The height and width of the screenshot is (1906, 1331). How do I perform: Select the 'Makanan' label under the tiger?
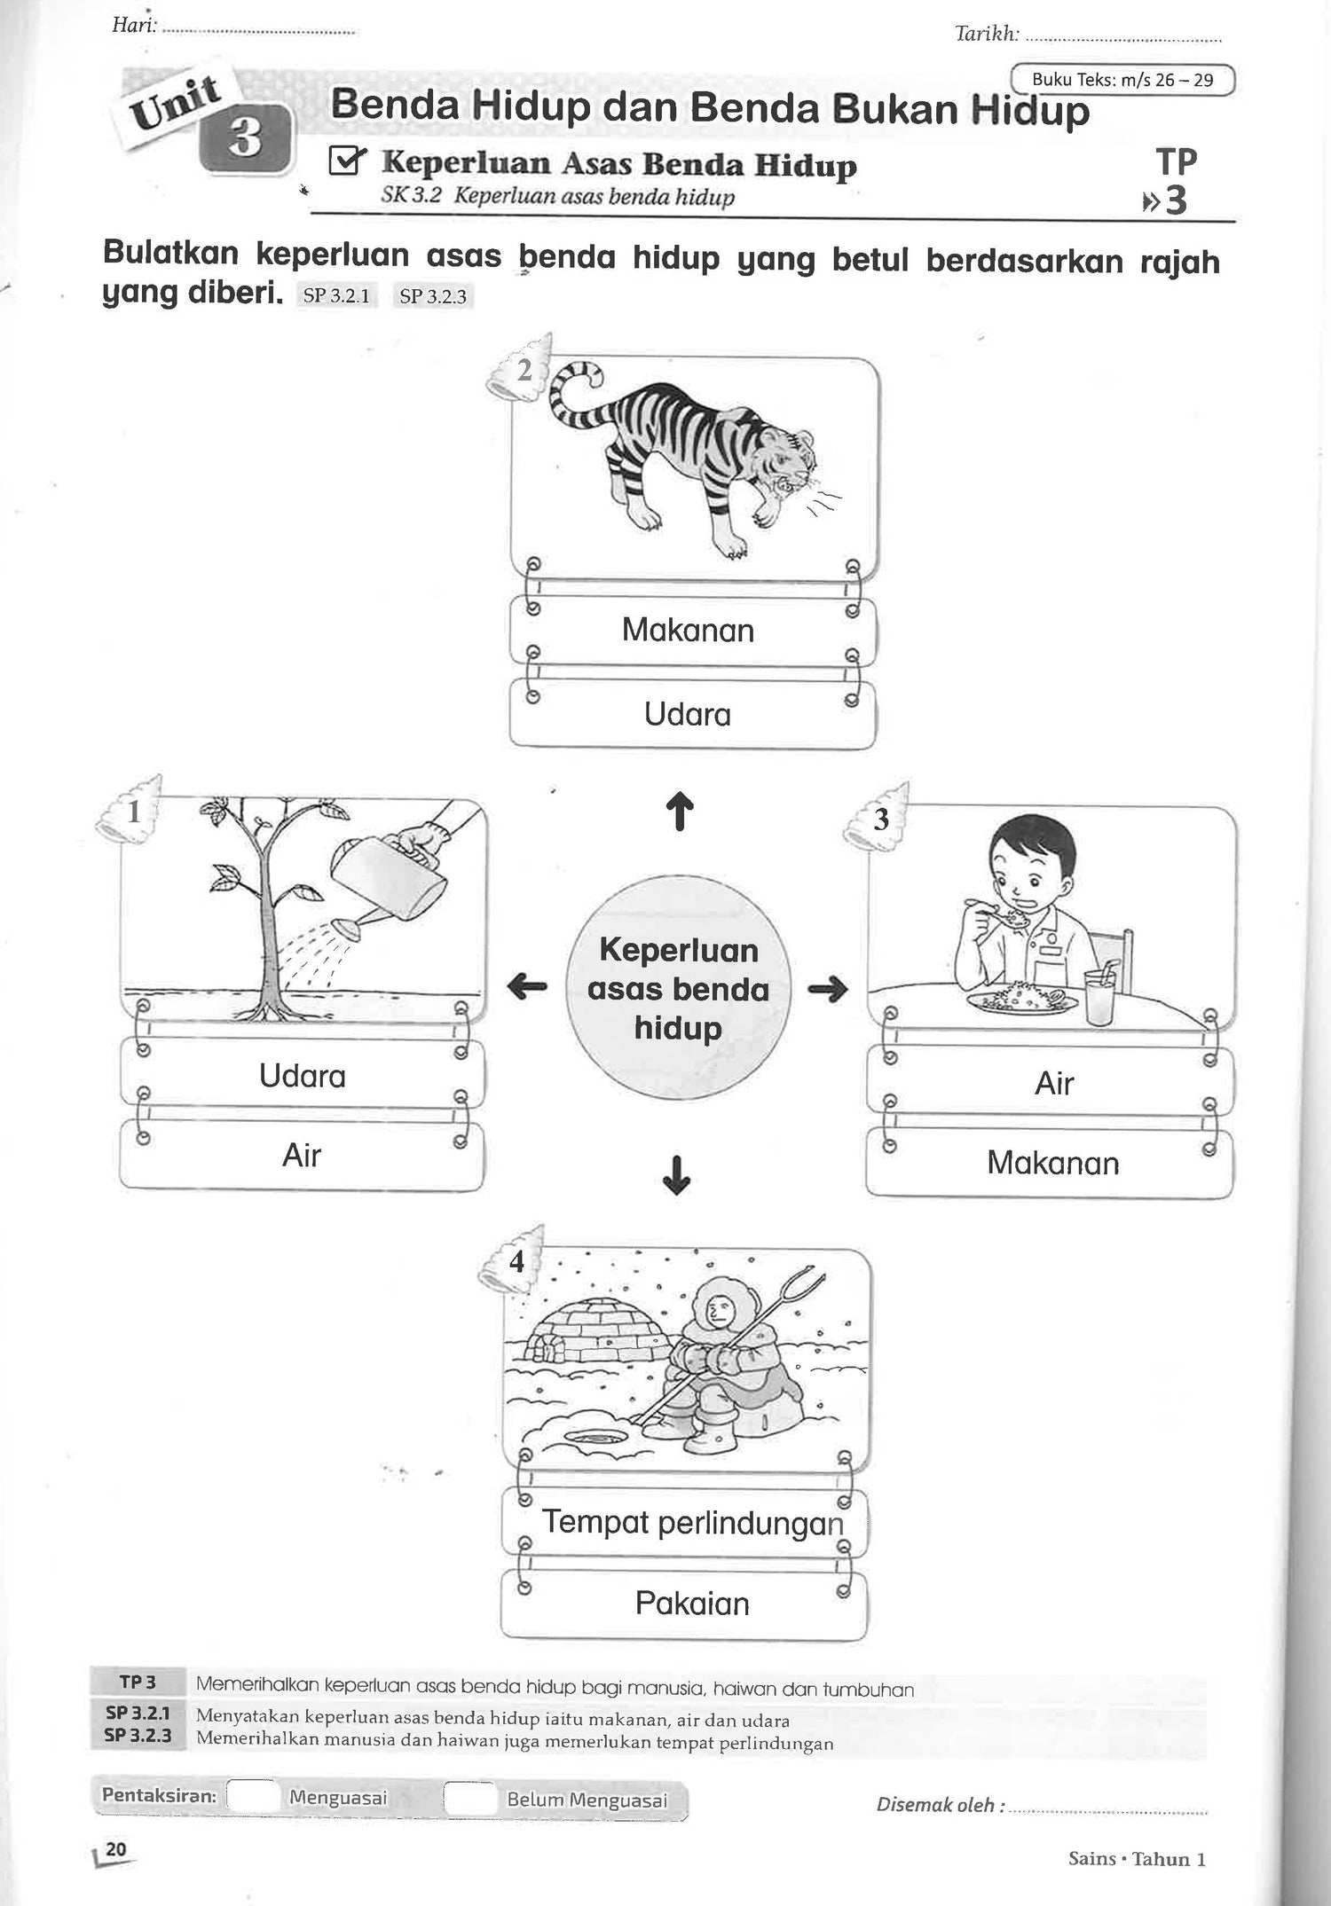[689, 631]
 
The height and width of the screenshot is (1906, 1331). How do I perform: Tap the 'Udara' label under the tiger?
[689, 714]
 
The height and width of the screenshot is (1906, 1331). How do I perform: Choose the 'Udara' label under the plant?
[303, 1076]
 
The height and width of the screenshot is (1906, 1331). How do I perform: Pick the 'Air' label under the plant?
[302, 1156]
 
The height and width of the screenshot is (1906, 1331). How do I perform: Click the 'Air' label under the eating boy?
[1054, 1083]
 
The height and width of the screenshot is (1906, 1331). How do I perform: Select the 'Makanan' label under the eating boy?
[1053, 1163]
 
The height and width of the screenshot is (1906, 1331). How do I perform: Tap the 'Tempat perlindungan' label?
[692, 1522]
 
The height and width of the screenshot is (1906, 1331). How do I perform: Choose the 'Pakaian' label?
[692, 1603]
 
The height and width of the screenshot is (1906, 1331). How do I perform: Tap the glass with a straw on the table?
[1099, 995]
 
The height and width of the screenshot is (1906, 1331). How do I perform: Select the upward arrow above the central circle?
[679, 811]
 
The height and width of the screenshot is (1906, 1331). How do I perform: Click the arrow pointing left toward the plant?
[527, 986]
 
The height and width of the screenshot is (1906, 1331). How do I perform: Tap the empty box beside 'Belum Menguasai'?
[469, 1798]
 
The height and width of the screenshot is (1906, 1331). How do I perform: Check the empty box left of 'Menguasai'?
[254, 1796]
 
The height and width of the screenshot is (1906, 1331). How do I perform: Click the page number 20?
[115, 1848]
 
